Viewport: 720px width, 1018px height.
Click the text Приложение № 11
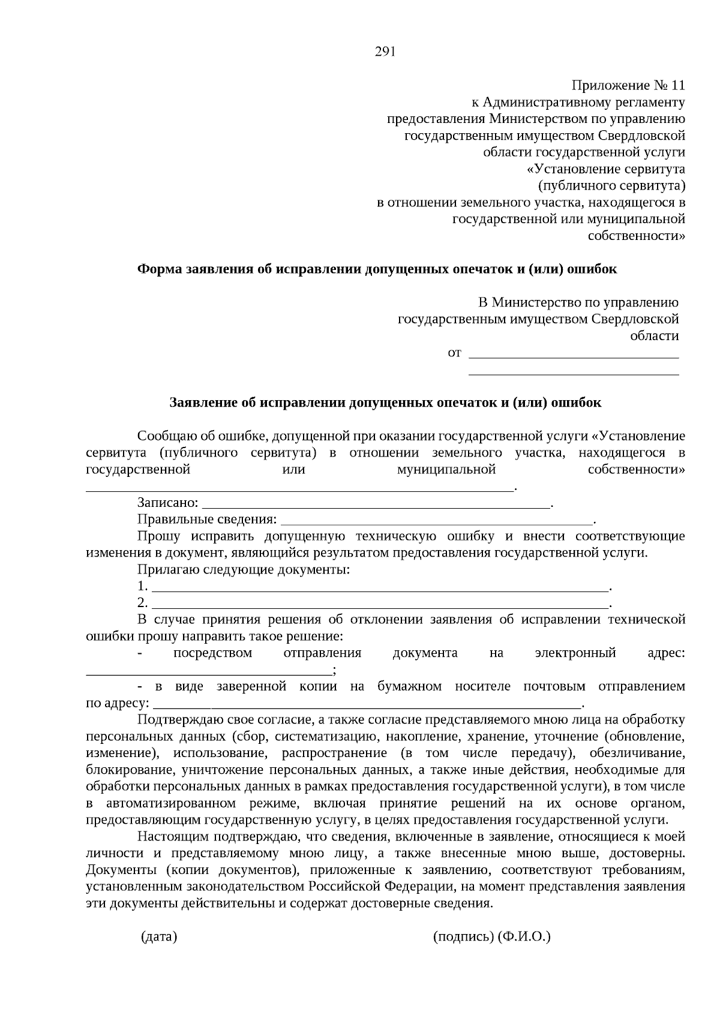coord(628,86)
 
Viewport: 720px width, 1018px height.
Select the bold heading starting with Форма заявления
coord(377,269)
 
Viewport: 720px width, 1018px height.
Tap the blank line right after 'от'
coord(573,356)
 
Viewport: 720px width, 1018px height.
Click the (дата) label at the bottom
coord(158,936)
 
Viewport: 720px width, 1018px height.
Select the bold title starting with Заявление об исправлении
coord(385,403)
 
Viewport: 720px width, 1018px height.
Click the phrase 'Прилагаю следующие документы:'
coord(243,569)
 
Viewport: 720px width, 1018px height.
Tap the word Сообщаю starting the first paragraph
coord(163,436)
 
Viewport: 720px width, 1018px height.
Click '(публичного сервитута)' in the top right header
coord(611,185)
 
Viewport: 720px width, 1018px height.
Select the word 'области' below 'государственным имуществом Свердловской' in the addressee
coord(654,336)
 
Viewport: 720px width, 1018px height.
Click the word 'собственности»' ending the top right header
coord(637,236)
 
